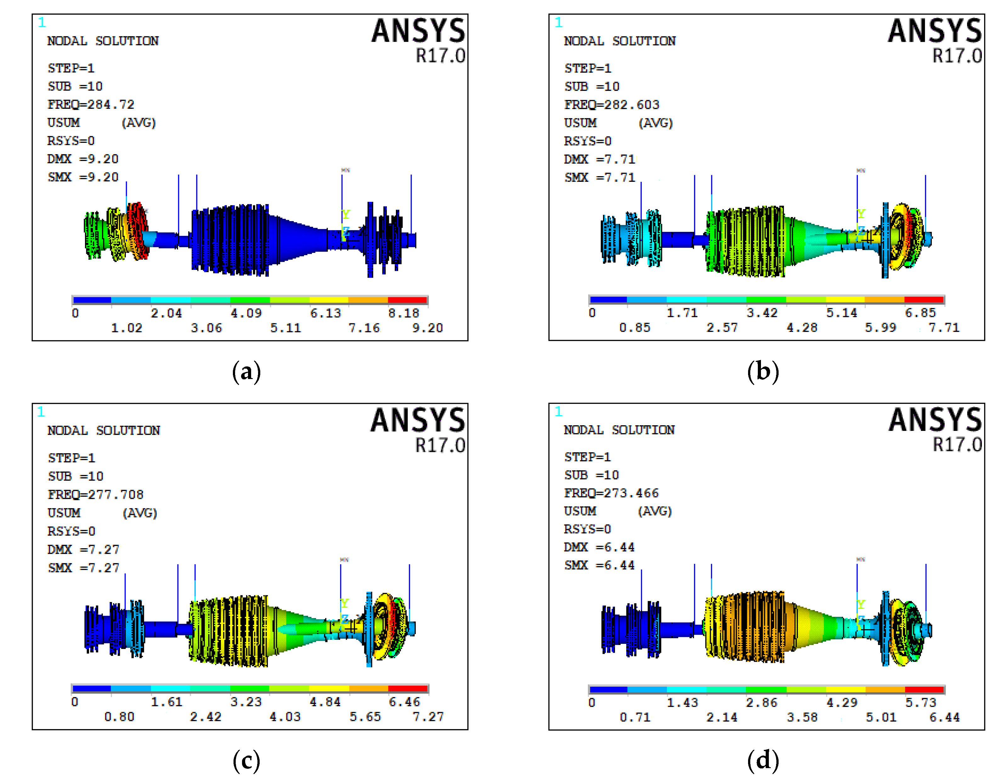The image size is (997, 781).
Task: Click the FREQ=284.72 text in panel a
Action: click(x=91, y=105)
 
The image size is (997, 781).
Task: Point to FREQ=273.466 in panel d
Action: click(x=611, y=493)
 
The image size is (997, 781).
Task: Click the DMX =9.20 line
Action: click(x=83, y=159)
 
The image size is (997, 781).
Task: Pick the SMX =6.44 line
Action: click(x=600, y=565)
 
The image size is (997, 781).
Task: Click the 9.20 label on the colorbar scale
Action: click(x=427, y=328)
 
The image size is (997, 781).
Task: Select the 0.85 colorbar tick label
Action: click(x=635, y=327)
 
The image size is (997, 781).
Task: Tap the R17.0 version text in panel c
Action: click(x=440, y=445)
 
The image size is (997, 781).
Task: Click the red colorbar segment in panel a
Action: click(x=407, y=300)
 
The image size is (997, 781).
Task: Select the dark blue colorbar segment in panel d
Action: click(x=608, y=689)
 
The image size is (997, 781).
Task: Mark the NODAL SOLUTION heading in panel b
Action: click(x=620, y=41)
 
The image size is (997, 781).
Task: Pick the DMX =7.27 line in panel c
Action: click(x=83, y=549)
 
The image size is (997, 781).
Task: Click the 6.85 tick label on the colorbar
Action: click(x=920, y=313)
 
